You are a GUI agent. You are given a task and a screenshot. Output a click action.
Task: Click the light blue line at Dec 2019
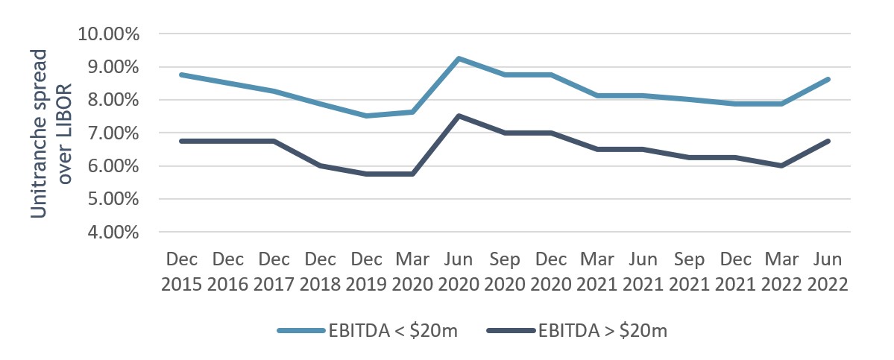[367, 116]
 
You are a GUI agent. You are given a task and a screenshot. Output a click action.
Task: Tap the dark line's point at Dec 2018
[321, 165]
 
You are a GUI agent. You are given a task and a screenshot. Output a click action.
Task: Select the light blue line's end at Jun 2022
[828, 79]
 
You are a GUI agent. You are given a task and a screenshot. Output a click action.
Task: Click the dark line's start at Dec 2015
[183, 141]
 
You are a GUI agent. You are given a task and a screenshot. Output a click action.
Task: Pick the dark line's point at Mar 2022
[781, 165]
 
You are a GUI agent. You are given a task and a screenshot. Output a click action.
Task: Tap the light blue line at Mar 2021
[597, 95]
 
